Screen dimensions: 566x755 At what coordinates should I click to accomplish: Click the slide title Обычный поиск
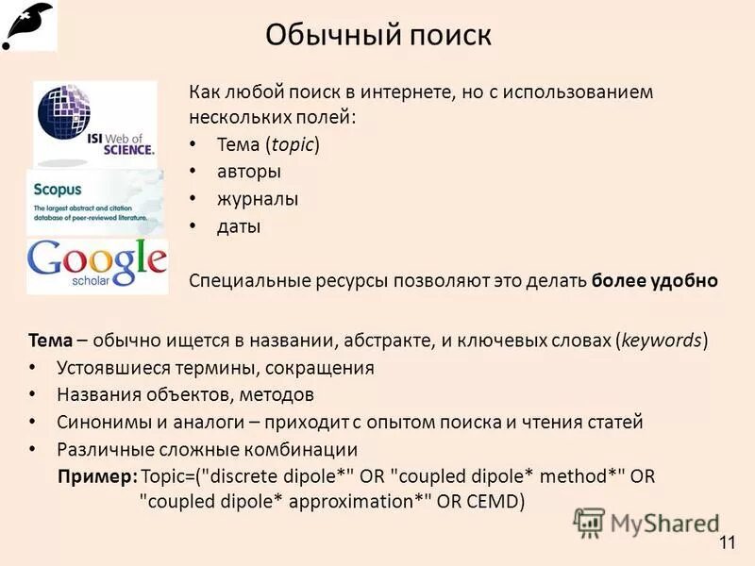tap(377, 35)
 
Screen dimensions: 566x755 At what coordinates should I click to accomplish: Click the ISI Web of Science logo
tap(94, 124)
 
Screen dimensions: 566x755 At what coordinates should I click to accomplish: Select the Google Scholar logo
tap(97, 263)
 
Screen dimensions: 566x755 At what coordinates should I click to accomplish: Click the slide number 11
tap(727, 541)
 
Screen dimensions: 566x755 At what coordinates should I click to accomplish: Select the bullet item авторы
tap(248, 172)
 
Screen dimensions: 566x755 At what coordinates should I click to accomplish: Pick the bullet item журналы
tap(258, 199)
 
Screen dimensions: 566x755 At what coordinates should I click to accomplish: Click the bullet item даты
tap(239, 226)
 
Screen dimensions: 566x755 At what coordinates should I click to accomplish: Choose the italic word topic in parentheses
tap(292, 144)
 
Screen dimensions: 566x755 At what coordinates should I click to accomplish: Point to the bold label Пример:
tap(98, 476)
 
